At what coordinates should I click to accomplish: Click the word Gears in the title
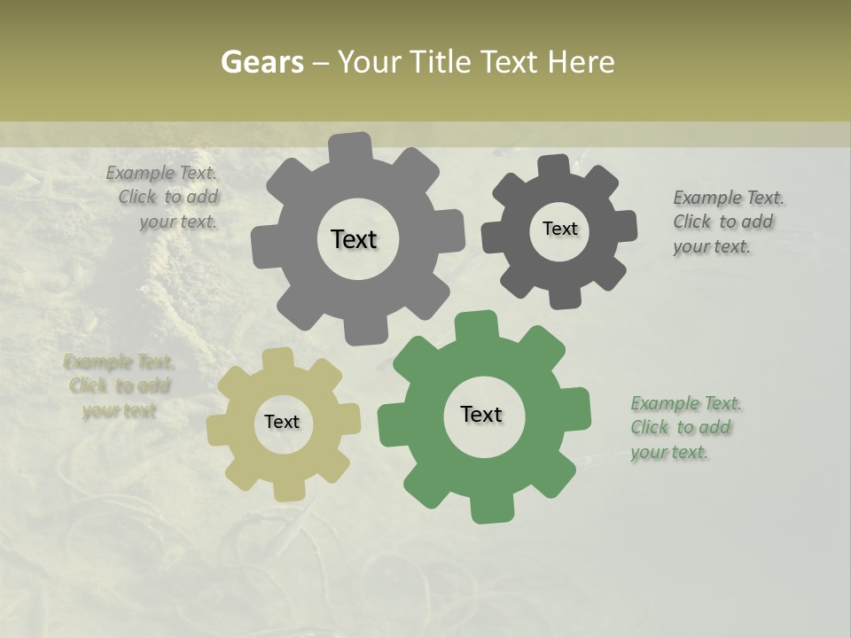[262, 62]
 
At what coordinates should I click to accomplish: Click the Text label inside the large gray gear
[354, 239]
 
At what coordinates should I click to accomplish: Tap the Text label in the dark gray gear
[559, 229]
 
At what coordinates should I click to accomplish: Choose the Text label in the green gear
[481, 414]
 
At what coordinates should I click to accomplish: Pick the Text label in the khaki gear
[282, 422]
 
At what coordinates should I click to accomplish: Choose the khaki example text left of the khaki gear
[118, 386]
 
